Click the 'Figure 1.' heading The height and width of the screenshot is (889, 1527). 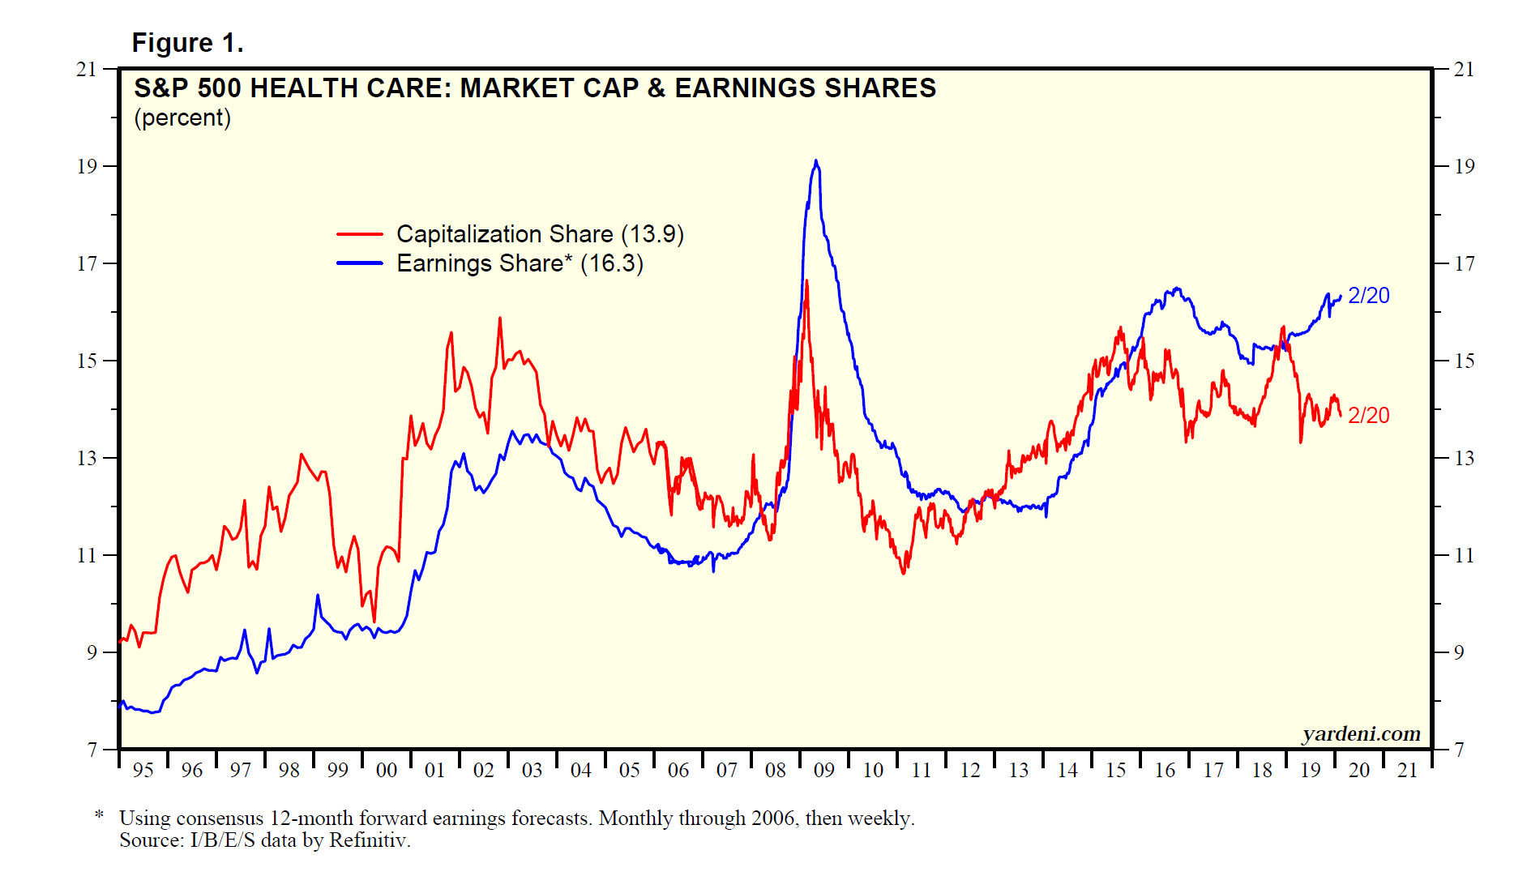click(x=187, y=43)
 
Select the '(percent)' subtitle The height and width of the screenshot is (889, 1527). click(x=182, y=118)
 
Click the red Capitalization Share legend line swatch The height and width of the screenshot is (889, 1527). click(x=359, y=234)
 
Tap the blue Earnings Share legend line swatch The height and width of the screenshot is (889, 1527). click(x=359, y=263)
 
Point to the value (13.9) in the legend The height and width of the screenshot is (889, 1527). click(x=652, y=234)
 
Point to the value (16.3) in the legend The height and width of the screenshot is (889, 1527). click(x=612, y=264)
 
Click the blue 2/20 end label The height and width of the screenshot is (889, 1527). click(x=1368, y=296)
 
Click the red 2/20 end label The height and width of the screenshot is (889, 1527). click(x=1368, y=415)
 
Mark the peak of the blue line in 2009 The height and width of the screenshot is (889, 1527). click(x=815, y=161)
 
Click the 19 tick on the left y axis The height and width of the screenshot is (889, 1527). click(x=87, y=167)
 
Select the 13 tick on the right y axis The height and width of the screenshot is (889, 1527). click(x=1464, y=459)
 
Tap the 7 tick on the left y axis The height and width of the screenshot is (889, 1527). click(x=92, y=750)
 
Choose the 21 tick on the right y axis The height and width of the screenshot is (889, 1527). click(x=1464, y=70)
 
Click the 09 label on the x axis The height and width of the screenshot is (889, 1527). click(x=823, y=771)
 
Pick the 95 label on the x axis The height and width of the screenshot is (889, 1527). click(x=143, y=771)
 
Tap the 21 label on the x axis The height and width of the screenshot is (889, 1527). click(x=1407, y=771)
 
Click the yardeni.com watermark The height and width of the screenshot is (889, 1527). click(x=1361, y=734)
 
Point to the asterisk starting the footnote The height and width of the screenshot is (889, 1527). click(x=99, y=815)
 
